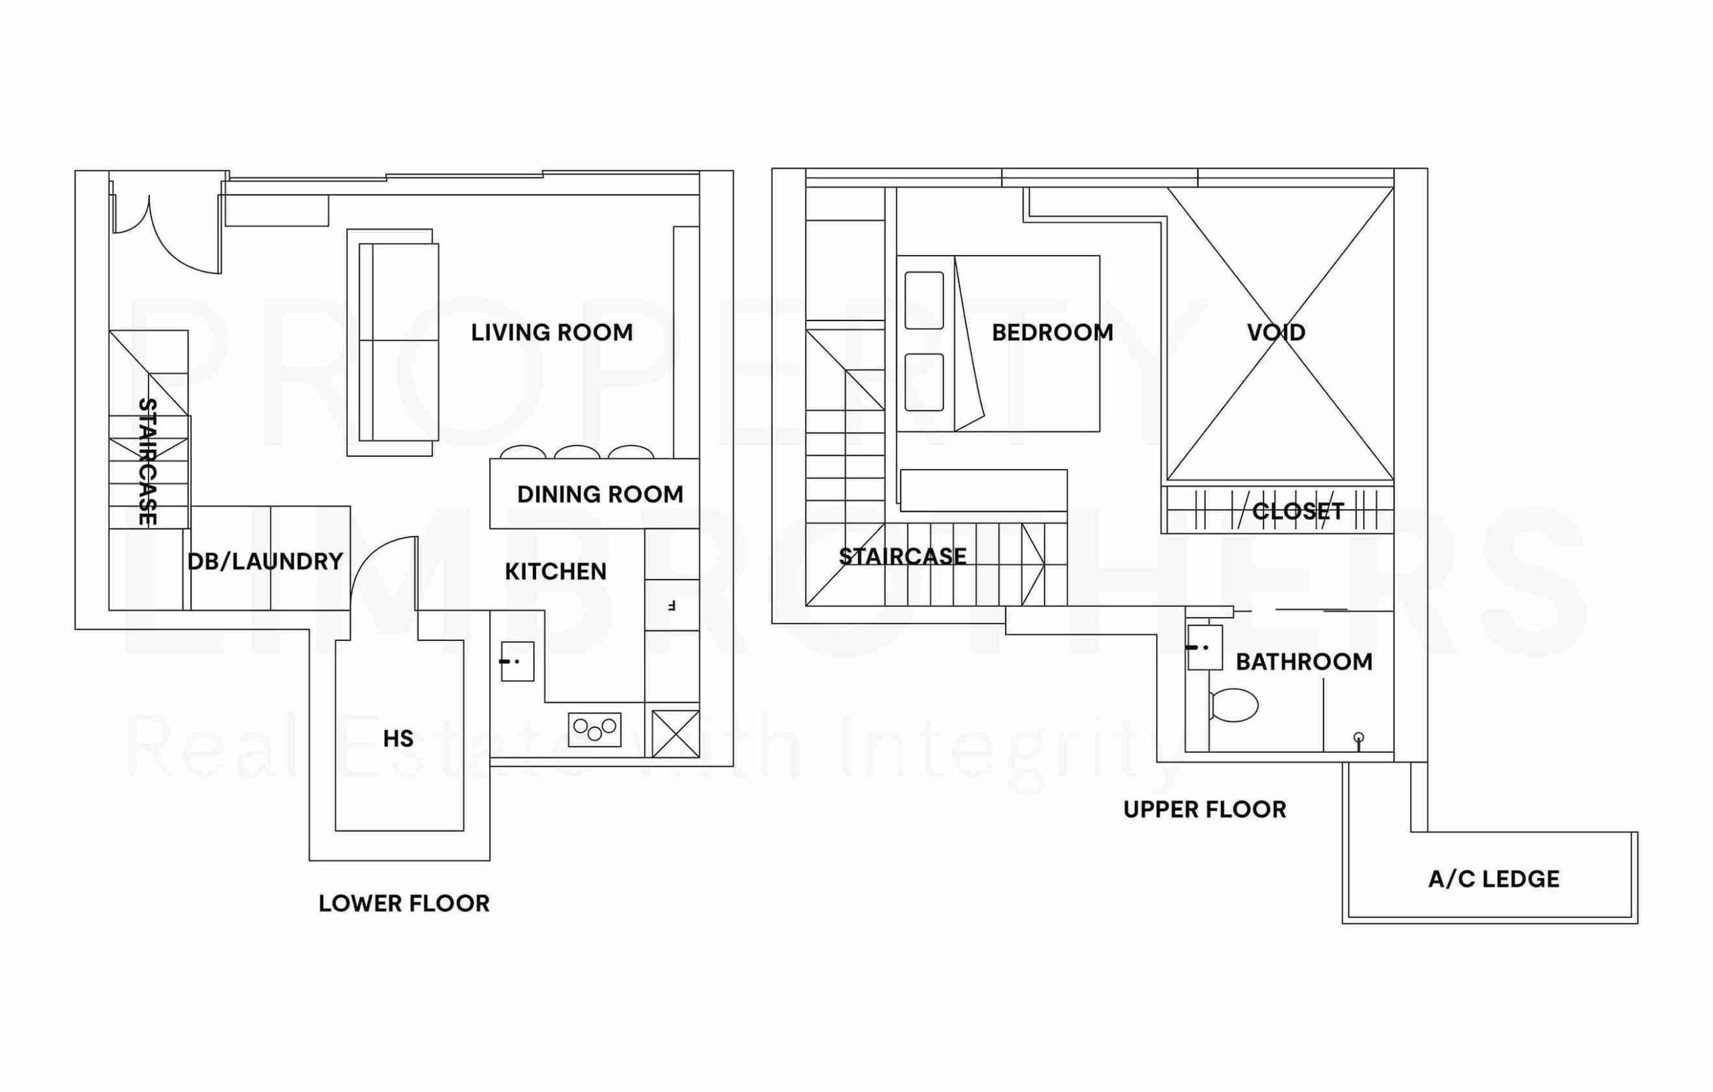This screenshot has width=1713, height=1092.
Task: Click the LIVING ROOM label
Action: pos(551,333)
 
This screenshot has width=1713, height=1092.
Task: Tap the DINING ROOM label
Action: pos(600,494)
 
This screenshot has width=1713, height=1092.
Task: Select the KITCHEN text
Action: pos(555,571)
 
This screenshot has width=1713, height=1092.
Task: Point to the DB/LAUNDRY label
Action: pos(266,561)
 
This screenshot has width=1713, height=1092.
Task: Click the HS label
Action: pos(397,739)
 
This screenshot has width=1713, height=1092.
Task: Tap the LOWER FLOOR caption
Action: pos(404,903)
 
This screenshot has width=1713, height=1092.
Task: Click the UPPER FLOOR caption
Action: pos(1205,809)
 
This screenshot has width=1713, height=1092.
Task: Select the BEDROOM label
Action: pos(1052,333)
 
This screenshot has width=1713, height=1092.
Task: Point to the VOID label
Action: pos(1276,333)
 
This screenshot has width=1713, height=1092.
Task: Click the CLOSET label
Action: pos(1298,511)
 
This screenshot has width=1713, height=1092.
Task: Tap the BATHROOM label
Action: pos(1304,662)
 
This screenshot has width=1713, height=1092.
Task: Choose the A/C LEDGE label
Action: pos(1494,879)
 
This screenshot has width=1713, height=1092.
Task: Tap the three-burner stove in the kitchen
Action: pos(595,729)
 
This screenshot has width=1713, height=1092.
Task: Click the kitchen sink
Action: pos(517,662)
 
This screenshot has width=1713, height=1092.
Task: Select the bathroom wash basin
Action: pos(1205,648)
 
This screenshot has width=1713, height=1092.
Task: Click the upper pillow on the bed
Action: pos(924,300)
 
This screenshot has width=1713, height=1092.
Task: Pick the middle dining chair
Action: pos(577,452)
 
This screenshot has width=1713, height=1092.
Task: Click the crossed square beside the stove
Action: pos(676,734)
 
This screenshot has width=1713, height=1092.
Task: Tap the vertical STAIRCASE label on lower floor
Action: pos(147,462)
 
